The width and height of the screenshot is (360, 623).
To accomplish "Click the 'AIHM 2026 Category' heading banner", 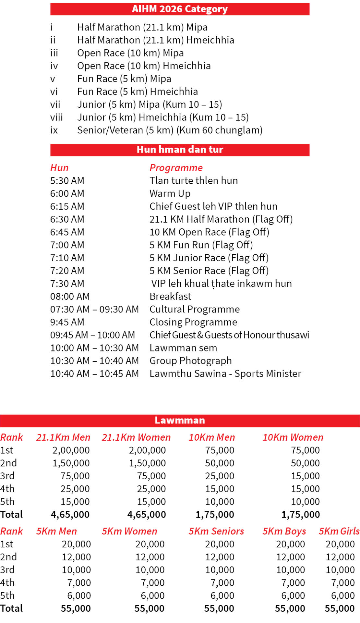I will point(180,9).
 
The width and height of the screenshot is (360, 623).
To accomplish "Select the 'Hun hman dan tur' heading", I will point(180,150).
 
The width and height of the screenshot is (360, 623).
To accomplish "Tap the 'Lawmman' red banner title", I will point(180,420).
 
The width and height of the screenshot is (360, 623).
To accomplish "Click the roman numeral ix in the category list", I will point(54,130).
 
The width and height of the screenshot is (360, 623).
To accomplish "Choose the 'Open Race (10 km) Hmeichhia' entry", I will point(144,66).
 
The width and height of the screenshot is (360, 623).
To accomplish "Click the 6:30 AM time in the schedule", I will point(67,219).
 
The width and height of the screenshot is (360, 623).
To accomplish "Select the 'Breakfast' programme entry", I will point(170,296).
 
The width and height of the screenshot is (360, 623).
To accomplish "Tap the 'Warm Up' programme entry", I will point(170,194).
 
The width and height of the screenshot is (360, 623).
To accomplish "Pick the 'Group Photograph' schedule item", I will point(190,361).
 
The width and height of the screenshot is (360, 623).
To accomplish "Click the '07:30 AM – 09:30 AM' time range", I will point(94,309).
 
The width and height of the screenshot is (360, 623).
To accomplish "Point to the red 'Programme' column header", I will point(176,168).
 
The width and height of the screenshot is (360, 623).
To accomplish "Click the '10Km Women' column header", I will point(293,437).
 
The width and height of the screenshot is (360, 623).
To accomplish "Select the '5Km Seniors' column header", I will point(216,531).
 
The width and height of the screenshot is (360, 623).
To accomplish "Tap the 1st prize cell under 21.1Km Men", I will point(71,450).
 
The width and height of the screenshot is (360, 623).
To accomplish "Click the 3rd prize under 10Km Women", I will point(305,476).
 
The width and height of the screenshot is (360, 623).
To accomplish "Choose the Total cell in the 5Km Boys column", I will point(290,608).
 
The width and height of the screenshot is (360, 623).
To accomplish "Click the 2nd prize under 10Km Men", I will point(219,463).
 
